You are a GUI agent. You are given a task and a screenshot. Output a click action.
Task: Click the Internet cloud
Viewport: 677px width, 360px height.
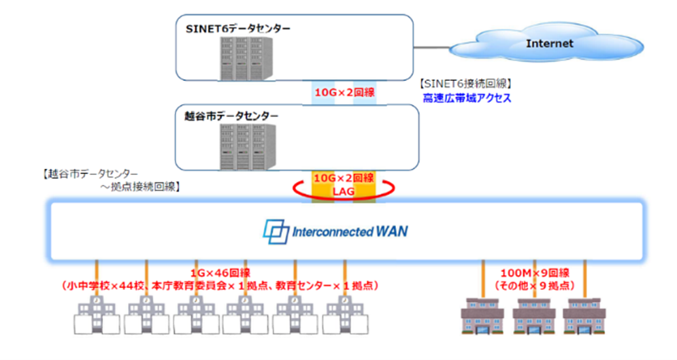click(x=550, y=44)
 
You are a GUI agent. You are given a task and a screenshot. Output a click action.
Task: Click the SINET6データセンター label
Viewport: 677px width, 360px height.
click(x=238, y=28)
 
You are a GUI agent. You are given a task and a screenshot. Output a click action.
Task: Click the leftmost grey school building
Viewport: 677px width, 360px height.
click(x=91, y=316)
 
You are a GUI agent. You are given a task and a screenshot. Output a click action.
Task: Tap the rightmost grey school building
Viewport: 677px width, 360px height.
click(x=344, y=316)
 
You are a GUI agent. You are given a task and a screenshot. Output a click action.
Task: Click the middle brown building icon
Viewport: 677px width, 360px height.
click(x=530, y=317)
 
